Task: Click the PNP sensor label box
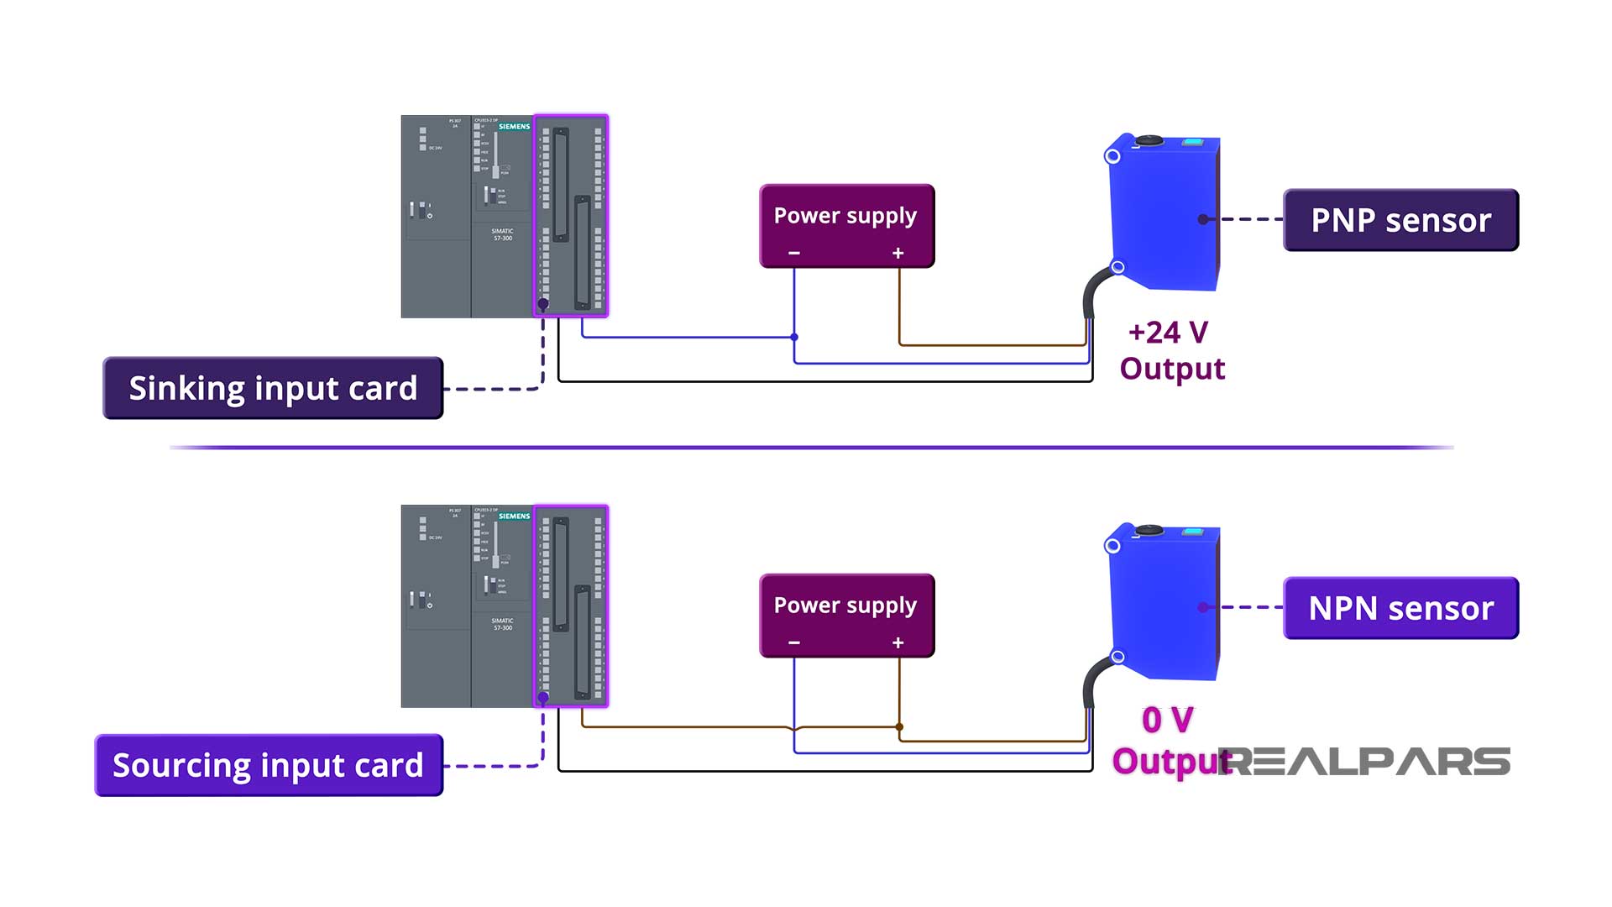point(1400,220)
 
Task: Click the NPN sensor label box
point(1400,608)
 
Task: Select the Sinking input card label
point(273,388)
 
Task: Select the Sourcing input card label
point(269,765)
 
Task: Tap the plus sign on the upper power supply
point(898,253)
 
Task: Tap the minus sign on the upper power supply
point(794,253)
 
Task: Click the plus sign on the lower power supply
point(898,642)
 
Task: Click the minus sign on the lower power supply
point(794,642)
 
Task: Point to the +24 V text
point(1168,333)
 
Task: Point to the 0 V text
point(1168,720)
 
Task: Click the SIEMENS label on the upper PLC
point(514,127)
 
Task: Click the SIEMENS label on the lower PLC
point(514,516)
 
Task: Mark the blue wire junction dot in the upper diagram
point(794,337)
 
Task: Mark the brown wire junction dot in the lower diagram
point(899,726)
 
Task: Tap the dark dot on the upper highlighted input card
point(543,304)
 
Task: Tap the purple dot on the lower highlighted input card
point(543,697)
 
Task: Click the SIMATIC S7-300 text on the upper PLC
point(502,234)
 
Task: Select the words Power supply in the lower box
point(845,606)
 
